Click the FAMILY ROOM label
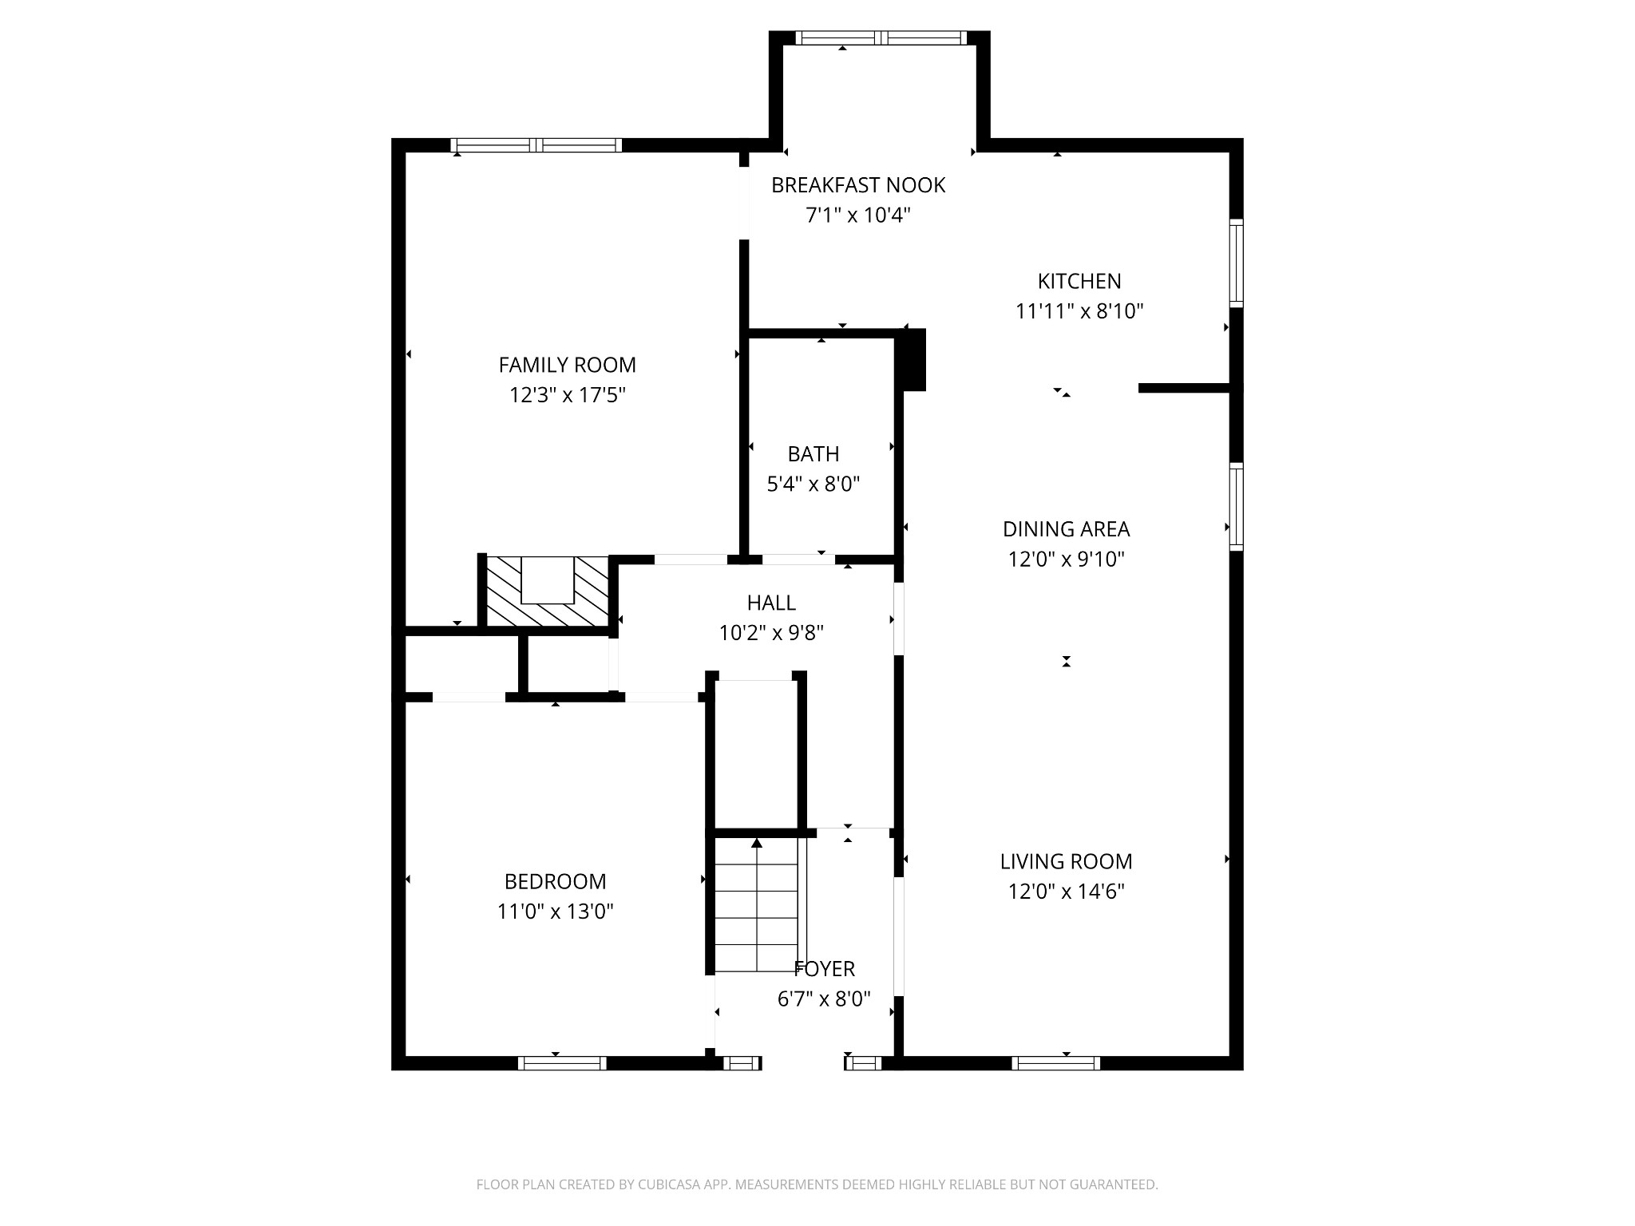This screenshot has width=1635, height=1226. point(567,365)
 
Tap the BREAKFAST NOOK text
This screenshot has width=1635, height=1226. point(857,185)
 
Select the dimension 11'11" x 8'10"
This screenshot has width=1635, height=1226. point(1079,311)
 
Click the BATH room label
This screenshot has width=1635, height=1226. point(813,454)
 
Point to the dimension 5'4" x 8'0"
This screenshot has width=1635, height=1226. point(813,484)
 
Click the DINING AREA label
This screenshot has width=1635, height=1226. point(1066,529)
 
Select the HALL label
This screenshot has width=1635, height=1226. point(771,603)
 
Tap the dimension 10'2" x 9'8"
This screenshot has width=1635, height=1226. point(771,633)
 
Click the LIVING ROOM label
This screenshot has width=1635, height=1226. point(1066,861)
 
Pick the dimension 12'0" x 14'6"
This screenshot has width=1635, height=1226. point(1066,891)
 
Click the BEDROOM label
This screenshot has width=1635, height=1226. point(555,881)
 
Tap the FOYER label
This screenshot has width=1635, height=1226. point(825,969)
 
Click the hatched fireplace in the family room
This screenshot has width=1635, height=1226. point(547,592)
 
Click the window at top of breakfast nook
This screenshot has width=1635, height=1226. point(881,38)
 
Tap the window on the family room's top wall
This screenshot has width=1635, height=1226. point(536,144)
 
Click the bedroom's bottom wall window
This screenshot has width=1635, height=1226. point(562,1062)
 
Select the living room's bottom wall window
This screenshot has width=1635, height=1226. point(1055,1062)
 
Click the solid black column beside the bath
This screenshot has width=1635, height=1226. point(912,360)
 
